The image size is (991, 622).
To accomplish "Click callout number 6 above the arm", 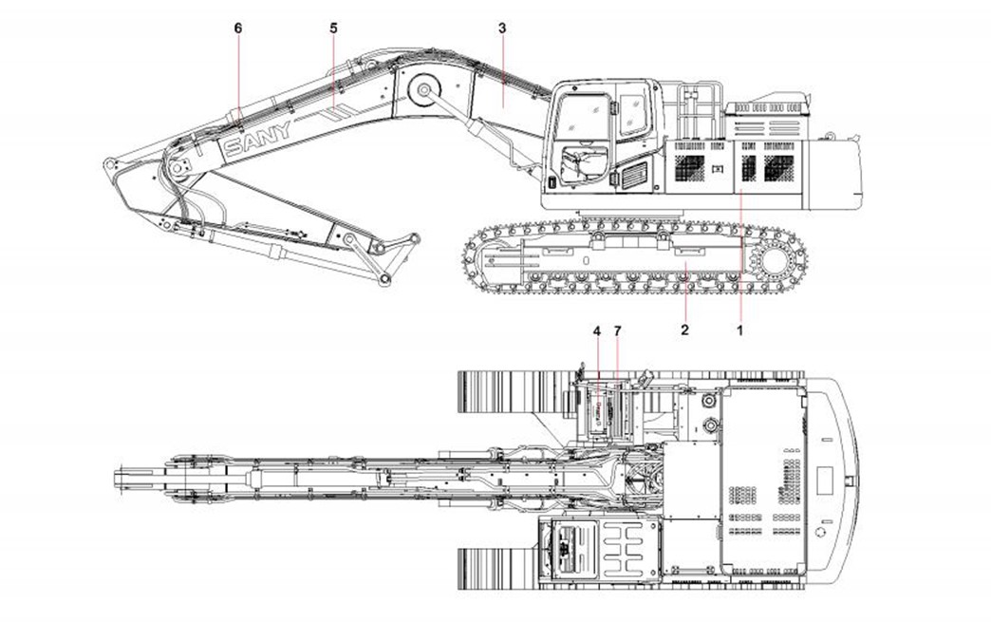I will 238,28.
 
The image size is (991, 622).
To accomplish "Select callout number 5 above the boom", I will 333,28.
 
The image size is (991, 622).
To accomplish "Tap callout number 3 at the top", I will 502,28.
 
